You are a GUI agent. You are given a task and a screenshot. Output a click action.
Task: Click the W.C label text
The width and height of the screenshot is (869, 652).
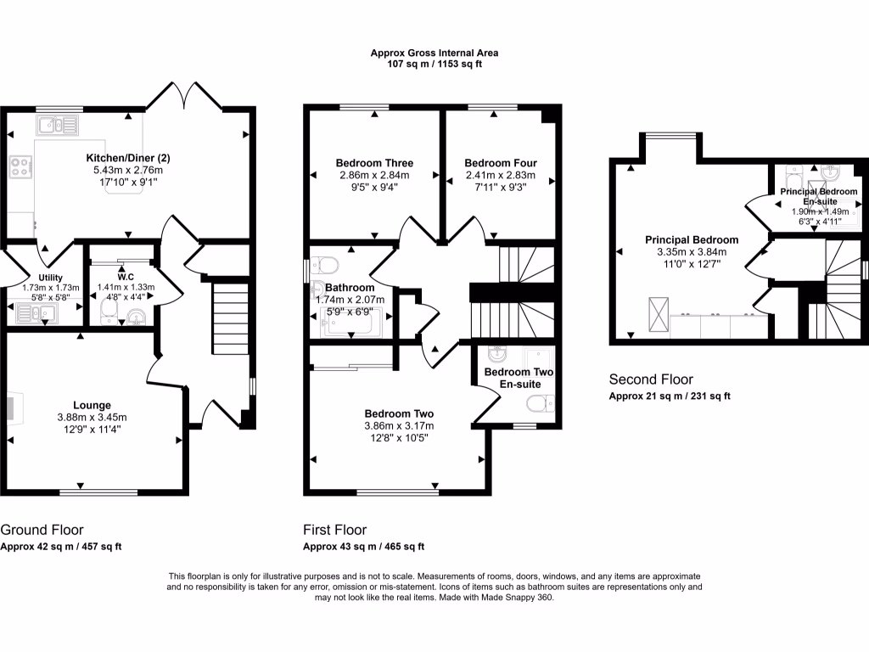click(126, 277)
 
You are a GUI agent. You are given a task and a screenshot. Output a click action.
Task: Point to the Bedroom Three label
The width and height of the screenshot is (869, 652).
click(374, 163)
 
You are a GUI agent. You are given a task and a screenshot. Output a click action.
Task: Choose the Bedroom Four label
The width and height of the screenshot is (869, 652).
click(500, 163)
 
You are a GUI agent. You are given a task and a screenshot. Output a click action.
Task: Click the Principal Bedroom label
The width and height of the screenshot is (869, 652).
click(692, 239)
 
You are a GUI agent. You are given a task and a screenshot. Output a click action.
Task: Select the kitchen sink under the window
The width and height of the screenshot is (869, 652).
click(57, 125)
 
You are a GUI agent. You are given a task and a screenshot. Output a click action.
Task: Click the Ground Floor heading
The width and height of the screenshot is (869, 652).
click(42, 530)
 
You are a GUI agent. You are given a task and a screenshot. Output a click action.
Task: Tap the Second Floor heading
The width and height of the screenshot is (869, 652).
click(651, 379)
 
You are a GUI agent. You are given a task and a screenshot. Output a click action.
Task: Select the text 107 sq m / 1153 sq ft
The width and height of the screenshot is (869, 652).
click(434, 65)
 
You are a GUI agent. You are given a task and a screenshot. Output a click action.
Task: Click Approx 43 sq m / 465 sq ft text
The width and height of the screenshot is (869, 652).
click(363, 547)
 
